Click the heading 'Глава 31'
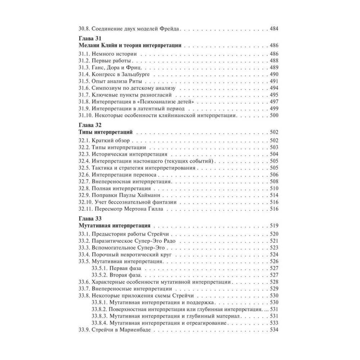click(90, 39)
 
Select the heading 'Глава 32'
click(90, 125)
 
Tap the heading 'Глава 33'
click(90, 219)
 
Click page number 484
click(275, 28)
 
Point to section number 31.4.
click(84, 74)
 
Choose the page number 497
click(275, 102)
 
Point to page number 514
click(275, 195)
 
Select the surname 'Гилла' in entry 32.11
click(154, 209)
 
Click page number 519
click(275, 226)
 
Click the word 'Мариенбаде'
click(131, 330)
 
